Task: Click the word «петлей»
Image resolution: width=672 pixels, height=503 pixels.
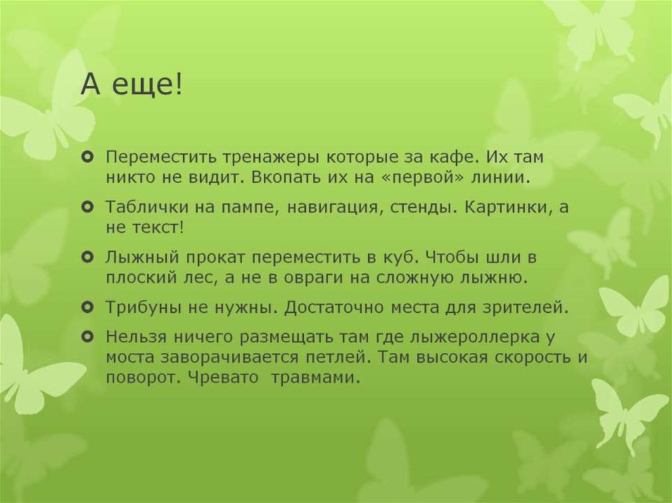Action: point(356,358)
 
